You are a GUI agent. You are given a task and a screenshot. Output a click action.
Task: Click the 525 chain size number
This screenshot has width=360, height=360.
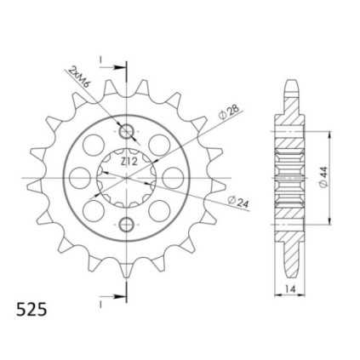point(31,310)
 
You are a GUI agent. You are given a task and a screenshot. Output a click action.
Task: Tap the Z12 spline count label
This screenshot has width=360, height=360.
point(129,162)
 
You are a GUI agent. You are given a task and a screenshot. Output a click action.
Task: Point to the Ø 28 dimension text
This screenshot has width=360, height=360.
point(229,113)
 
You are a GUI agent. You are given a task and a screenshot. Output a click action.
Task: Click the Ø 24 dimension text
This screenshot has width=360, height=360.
point(238,202)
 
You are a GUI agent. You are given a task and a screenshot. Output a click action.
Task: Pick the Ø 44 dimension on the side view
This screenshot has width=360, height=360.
point(323,177)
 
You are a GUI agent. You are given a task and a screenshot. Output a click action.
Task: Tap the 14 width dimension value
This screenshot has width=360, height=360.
point(291,289)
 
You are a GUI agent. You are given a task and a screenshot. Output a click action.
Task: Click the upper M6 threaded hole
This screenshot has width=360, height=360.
point(127,131)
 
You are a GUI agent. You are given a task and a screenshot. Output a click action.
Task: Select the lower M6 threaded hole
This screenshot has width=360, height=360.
point(127,225)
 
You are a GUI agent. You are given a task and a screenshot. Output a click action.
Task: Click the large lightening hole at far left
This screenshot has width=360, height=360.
point(80,178)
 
